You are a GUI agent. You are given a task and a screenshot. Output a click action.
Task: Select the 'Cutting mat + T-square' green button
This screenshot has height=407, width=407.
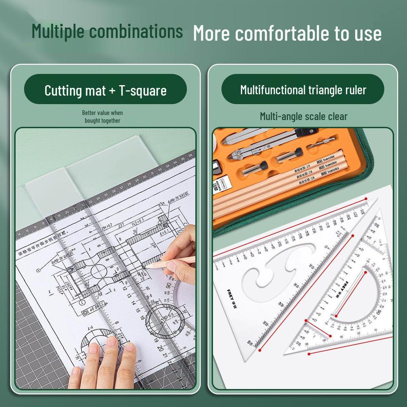[105, 90]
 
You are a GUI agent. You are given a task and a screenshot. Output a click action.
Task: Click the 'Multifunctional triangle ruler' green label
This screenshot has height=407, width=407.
[303, 89]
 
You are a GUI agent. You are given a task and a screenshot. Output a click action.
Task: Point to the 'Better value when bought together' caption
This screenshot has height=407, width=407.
[103, 117]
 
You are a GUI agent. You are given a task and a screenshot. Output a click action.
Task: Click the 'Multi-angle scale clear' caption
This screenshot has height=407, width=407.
[304, 116]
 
